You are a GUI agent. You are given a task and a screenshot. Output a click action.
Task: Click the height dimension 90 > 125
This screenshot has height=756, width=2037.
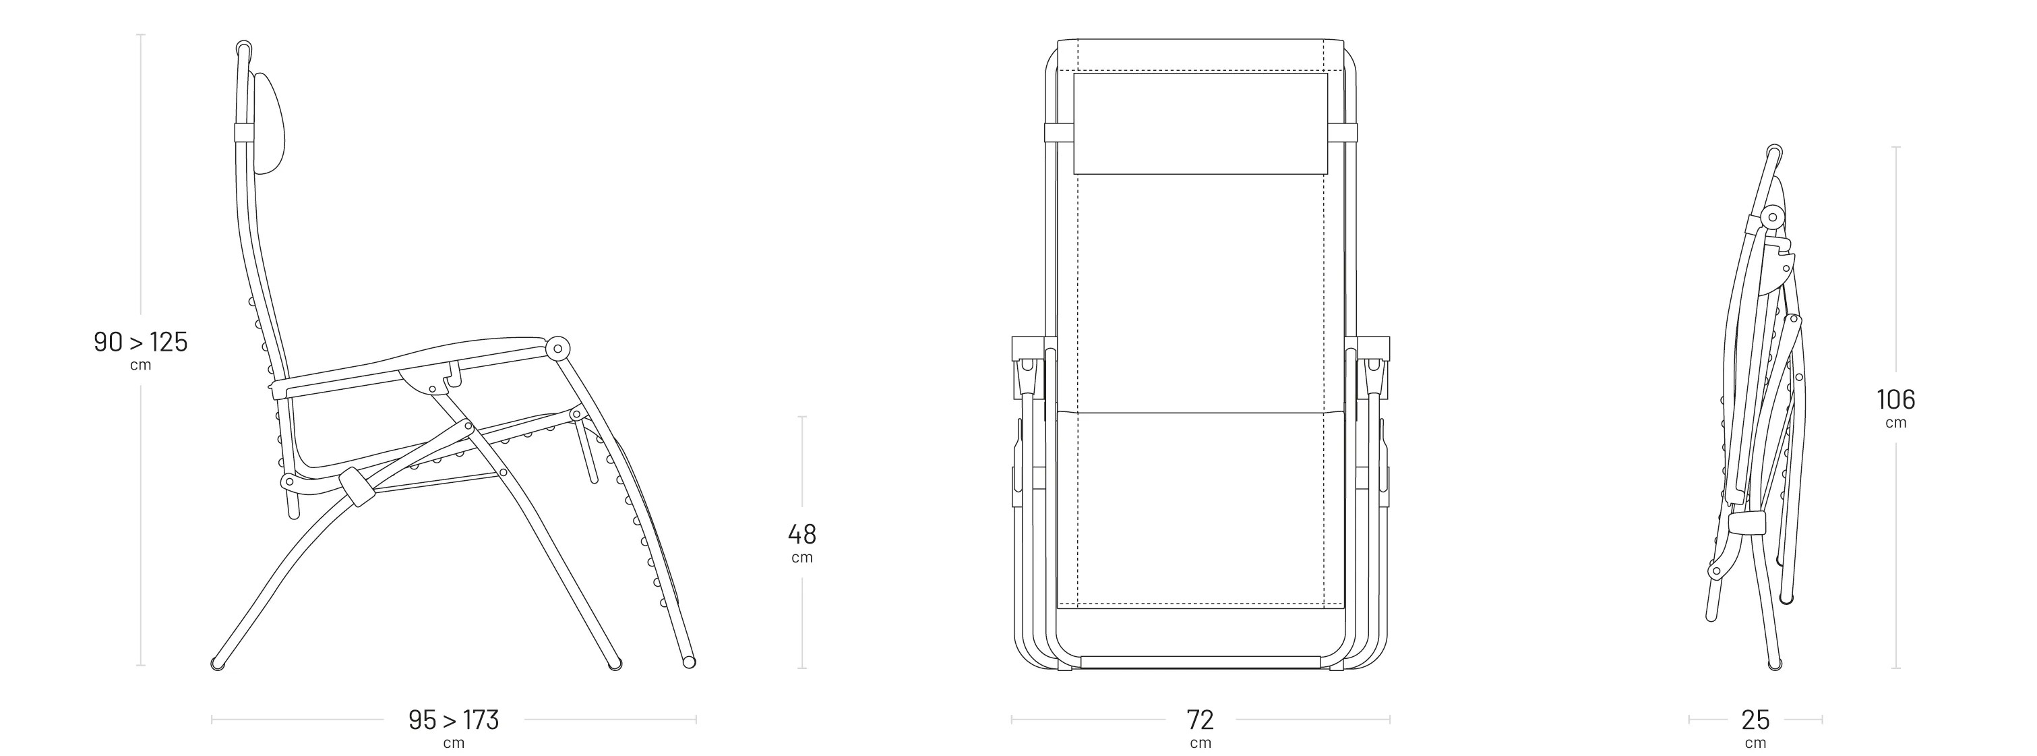[x=141, y=343]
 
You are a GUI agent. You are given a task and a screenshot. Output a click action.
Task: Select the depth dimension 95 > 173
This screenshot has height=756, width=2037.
[x=454, y=720]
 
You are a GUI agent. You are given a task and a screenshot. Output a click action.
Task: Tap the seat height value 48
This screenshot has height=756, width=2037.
[x=802, y=535]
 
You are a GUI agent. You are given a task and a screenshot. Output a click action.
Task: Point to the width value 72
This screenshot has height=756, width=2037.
[x=1200, y=720]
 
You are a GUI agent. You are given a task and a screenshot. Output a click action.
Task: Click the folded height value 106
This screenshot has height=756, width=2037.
[x=1896, y=399]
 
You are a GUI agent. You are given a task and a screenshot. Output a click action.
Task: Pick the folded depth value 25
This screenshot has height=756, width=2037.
[x=1755, y=720]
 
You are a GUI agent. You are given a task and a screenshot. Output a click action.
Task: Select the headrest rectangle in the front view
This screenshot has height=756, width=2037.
[x=1200, y=123]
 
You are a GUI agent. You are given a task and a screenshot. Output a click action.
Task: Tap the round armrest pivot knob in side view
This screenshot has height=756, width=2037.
[x=558, y=347]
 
